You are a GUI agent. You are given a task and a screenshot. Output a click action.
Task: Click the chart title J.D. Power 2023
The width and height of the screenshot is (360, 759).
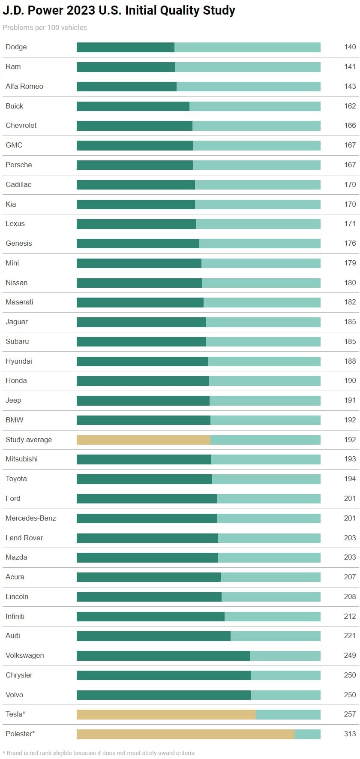pyautogui.click(x=119, y=10)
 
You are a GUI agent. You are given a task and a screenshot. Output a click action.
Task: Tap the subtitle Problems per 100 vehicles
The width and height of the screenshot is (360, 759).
pyautogui.click(x=45, y=27)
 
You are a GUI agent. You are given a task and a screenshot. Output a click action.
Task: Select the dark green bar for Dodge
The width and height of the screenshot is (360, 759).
pyautogui.click(x=125, y=47)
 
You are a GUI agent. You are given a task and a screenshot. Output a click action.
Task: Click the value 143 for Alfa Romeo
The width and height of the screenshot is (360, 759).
pyautogui.click(x=350, y=86)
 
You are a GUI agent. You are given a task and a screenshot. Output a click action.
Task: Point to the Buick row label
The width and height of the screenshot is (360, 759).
pyautogui.click(x=15, y=106)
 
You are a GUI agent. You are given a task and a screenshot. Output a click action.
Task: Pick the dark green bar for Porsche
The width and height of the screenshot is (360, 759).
pyautogui.click(x=135, y=165)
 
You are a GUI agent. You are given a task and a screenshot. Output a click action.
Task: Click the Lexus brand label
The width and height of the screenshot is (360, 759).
pyautogui.click(x=15, y=223)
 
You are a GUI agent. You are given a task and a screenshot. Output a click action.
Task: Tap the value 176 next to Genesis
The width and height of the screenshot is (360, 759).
pyautogui.click(x=350, y=243)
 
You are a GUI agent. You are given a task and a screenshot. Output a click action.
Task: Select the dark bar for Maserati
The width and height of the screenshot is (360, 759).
pyautogui.click(x=140, y=302)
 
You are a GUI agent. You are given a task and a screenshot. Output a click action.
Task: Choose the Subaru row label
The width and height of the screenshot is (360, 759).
pyautogui.click(x=17, y=341)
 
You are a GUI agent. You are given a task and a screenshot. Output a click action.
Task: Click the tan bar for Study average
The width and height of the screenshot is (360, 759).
pyautogui.click(x=143, y=440)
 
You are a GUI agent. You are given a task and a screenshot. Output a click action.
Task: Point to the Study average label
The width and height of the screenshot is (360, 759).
pyautogui.click(x=29, y=440)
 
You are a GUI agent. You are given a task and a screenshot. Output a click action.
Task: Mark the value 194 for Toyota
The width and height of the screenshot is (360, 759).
pyautogui.click(x=350, y=479)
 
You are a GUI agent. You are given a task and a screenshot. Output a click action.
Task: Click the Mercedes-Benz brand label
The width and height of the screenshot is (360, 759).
pyautogui.click(x=31, y=518)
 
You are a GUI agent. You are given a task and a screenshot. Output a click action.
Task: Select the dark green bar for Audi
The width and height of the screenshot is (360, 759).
pyautogui.click(x=153, y=636)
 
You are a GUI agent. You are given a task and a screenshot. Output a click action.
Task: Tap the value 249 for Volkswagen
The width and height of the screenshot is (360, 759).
pyautogui.click(x=350, y=655)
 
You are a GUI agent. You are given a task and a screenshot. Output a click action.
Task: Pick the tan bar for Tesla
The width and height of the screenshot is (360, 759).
pyautogui.click(x=166, y=714)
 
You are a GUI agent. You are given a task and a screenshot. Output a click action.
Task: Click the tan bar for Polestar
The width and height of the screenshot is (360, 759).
pyautogui.click(x=185, y=734)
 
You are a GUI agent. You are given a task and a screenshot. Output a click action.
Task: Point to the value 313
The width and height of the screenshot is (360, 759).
pyautogui.click(x=350, y=734)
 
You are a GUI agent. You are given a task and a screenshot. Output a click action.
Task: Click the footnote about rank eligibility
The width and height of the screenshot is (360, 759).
pyautogui.click(x=99, y=753)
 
